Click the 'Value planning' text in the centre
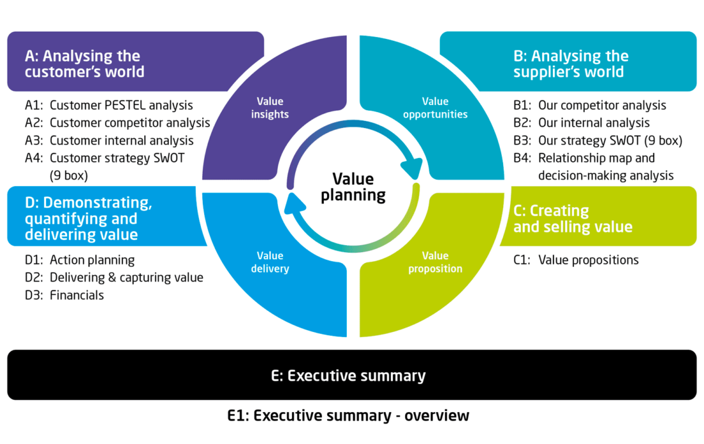tap(353, 186)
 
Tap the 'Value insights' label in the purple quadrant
tap(269, 107)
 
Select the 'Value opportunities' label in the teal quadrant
tap(435, 107)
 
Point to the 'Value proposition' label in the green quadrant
tap(435, 262)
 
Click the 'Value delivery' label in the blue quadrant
tap(269, 262)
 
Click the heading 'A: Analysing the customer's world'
tap(84, 63)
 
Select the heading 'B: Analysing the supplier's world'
tap(571, 63)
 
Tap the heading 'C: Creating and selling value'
tap(573, 218)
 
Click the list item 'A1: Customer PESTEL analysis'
tap(109, 105)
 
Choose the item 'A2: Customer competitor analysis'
tap(118, 122)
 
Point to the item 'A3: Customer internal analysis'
tap(109, 140)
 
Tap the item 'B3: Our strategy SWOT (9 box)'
tap(597, 140)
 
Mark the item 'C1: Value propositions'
tap(576, 260)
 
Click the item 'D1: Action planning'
tap(80, 260)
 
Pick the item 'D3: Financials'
tap(65, 295)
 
